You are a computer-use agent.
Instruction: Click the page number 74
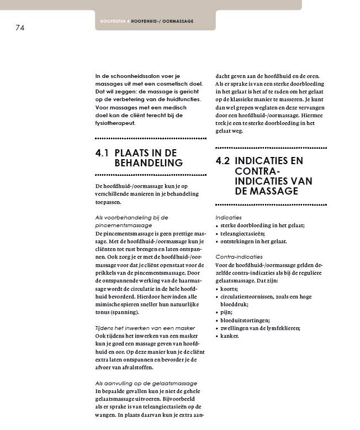click(x=20, y=27)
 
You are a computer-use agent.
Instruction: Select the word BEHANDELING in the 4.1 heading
click(x=148, y=163)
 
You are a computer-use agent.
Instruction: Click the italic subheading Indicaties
click(x=228, y=217)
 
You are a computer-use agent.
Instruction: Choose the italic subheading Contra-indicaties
click(x=239, y=257)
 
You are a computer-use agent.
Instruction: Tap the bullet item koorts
click(x=229, y=289)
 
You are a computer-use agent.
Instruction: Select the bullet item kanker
click(x=230, y=335)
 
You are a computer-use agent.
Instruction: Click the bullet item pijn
click(x=226, y=312)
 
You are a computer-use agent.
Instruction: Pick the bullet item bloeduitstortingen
click(x=245, y=320)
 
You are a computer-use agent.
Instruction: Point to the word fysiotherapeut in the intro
click(x=115, y=123)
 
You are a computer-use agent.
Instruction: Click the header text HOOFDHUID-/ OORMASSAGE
click(x=162, y=21)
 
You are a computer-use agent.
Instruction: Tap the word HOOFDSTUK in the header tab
click(x=113, y=21)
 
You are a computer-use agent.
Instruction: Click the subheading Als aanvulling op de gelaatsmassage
click(x=146, y=383)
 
